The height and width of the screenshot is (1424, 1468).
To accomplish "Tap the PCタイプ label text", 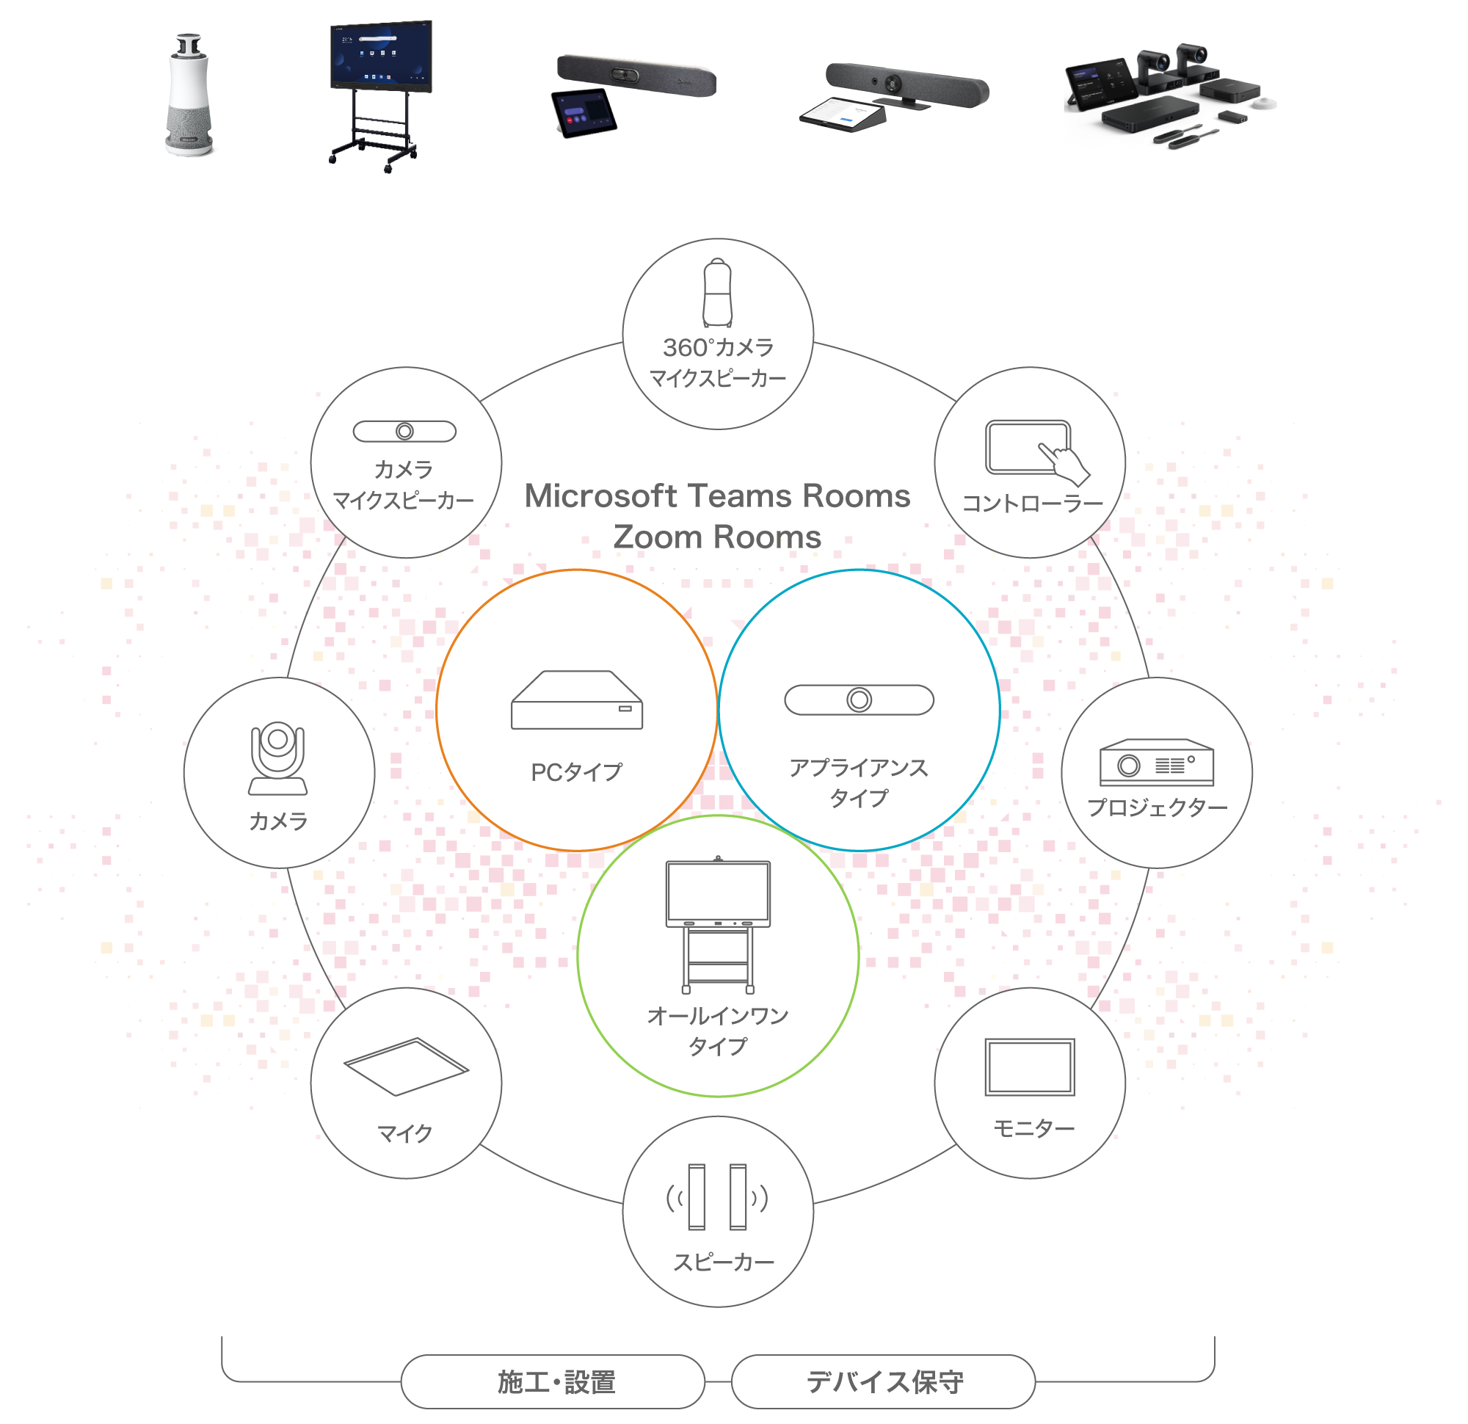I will click(x=576, y=772).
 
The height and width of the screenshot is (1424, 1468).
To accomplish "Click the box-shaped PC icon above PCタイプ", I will click(x=577, y=700).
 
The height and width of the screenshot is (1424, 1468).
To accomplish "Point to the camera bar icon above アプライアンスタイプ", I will click(x=859, y=700).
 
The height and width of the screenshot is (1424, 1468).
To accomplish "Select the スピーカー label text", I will click(x=723, y=1263).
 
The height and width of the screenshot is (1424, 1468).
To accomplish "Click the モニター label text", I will click(x=1033, y=1128).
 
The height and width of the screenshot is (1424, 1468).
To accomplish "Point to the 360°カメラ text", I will click(x=718, y=348).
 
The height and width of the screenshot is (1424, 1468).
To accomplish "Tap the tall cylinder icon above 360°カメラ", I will click(x=717, y=293).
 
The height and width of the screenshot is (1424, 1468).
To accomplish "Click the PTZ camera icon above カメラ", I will click(x=278, y=758).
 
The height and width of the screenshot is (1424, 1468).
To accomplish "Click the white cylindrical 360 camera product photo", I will click(x=188, y=97).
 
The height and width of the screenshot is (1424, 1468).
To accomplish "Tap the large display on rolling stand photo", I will click(x=381, y=90).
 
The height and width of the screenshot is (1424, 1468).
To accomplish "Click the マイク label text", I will click(x=404, y=1133).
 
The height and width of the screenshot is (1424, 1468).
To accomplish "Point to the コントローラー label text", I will click(x=1032, y=504).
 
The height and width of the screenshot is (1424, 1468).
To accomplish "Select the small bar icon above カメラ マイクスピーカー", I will click(x=404, y=432).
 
